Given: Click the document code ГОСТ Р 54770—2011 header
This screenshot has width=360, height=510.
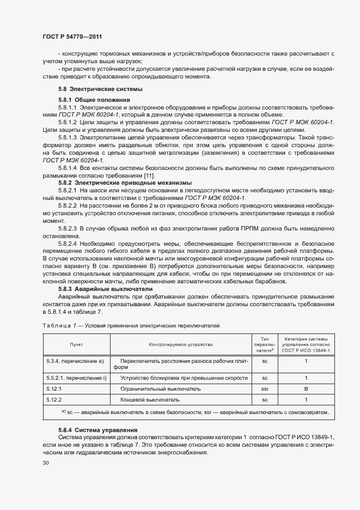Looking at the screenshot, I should [x=72, y=37].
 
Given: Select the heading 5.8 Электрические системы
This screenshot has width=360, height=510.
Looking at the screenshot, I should [x=93, y=89].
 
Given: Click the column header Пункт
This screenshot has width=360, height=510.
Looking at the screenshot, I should [x=76, y=344].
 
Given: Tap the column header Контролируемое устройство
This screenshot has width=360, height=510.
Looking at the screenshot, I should [x=180, y=344].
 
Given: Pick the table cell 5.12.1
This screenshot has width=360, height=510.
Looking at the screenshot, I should [x=53, y=389].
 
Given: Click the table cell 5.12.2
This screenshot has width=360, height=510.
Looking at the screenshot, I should [x=53, y=400].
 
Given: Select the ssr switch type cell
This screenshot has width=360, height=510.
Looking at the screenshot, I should [x=265, y=389].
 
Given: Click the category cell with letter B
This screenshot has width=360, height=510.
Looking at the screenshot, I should [x=306, y=389].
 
